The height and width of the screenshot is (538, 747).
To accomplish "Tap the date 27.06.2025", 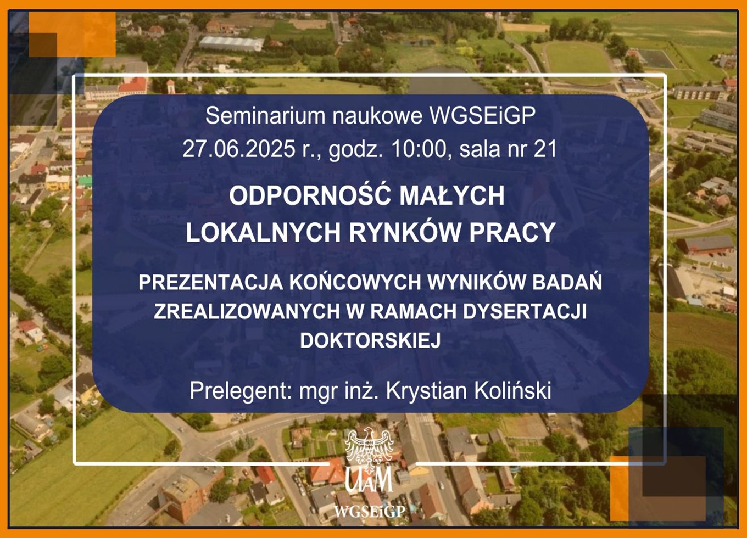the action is tap(239, 149).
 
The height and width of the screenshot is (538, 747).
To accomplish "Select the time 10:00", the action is tap(419, 149).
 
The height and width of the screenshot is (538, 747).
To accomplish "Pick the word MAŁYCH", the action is tap(452, 196).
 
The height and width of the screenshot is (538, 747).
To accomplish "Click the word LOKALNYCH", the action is tap(263, 232).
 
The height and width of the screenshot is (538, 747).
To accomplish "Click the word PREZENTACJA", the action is tap(211, 283).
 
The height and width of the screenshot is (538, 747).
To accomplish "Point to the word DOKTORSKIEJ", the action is tap(371, 340).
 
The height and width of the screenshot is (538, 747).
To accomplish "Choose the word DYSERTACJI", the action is tap(525, 311).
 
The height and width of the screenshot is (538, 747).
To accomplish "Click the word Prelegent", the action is tap(239, 390).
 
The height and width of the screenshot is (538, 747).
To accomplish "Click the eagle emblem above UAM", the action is tap(369, 450).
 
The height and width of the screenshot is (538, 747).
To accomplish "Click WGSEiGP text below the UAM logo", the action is tap(370, 512).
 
